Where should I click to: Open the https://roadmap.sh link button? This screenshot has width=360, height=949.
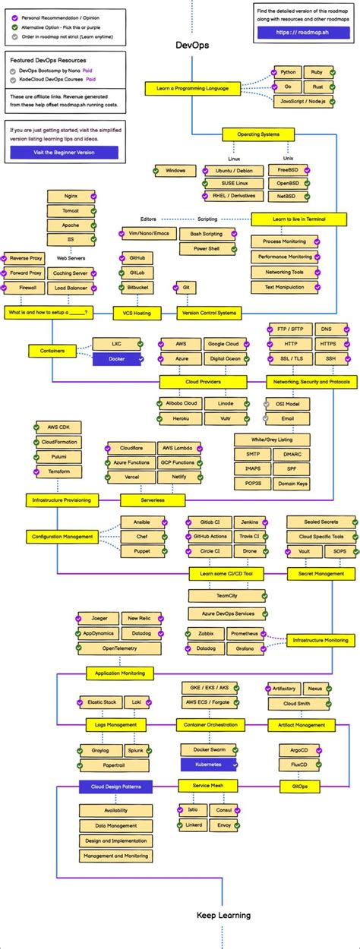click(x=303, y=33)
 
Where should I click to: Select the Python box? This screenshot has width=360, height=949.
click(x=288, y=72)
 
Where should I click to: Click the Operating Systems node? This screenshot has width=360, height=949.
click(x=258, y=134)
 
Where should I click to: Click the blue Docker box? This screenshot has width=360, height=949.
click(x=117, y=358)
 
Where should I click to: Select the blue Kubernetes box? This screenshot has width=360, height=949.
click(x=207, y=764)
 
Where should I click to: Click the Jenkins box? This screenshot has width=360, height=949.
click(x=249, y=522)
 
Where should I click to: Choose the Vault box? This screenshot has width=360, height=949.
click(x=304, y=551)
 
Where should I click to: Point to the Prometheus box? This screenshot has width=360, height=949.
click(x=245, y=633)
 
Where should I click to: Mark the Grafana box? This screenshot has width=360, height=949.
click(x=245, y=648)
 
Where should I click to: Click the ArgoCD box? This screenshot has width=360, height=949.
click(x=299, y=749)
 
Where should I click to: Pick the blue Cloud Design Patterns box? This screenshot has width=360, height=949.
click(x=115, y=786)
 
